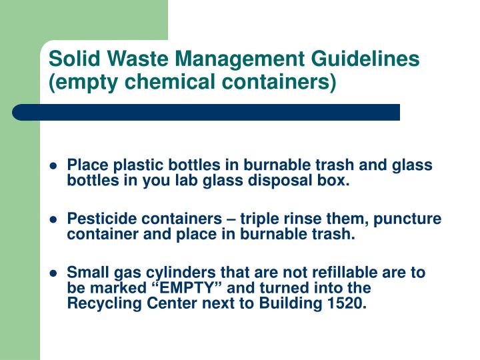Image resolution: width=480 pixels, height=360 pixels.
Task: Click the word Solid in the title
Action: (x=71, y=59)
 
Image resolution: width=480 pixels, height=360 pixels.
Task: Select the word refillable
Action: (x=326, y=273)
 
